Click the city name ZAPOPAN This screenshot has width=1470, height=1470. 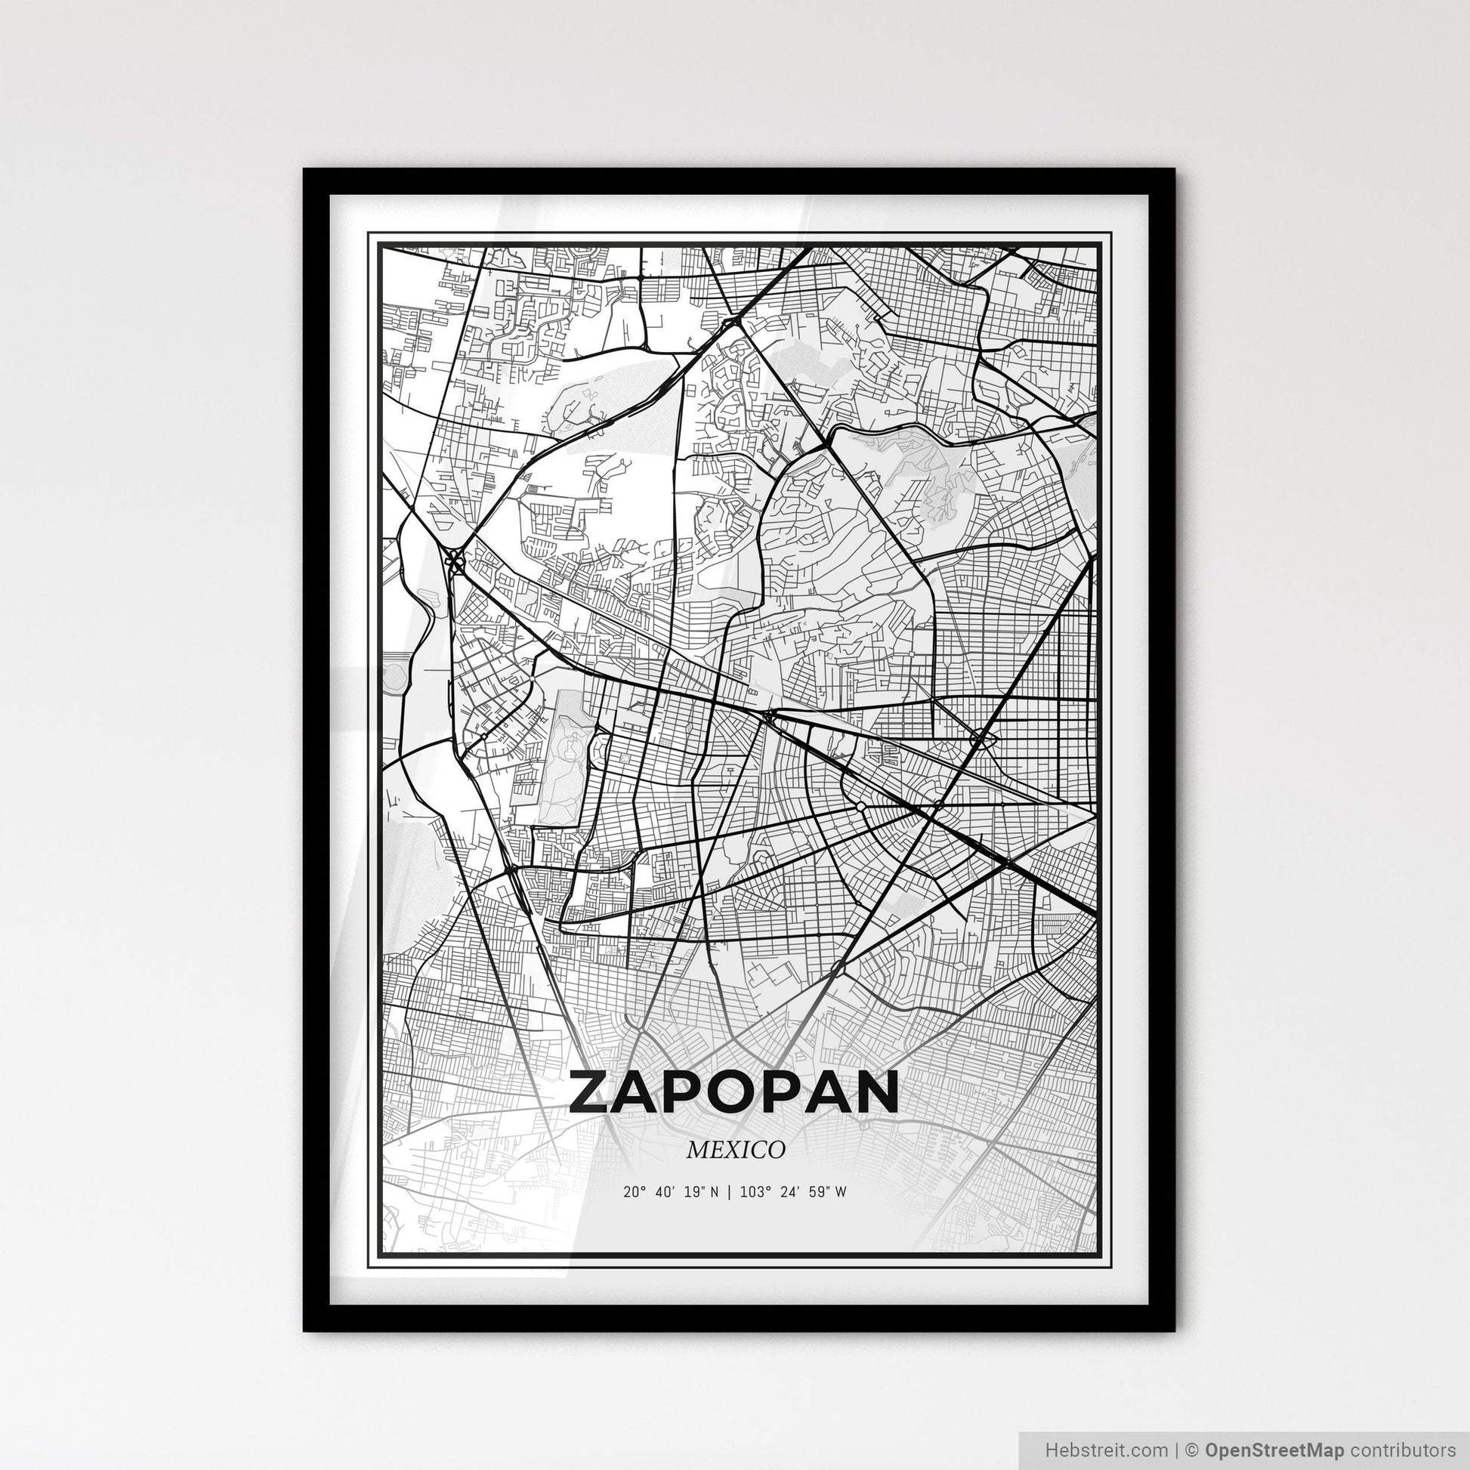click(733, 1092)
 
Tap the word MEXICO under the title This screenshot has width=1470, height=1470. click(735, 1150)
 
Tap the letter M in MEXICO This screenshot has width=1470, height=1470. click(698, 1150)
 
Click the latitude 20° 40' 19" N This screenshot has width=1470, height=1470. click(670, 1192)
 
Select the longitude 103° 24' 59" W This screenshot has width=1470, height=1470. click(793, 1192)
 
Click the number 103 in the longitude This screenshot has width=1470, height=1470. click(751, 1192)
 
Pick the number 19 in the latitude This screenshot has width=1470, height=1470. click(692, 1192)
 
